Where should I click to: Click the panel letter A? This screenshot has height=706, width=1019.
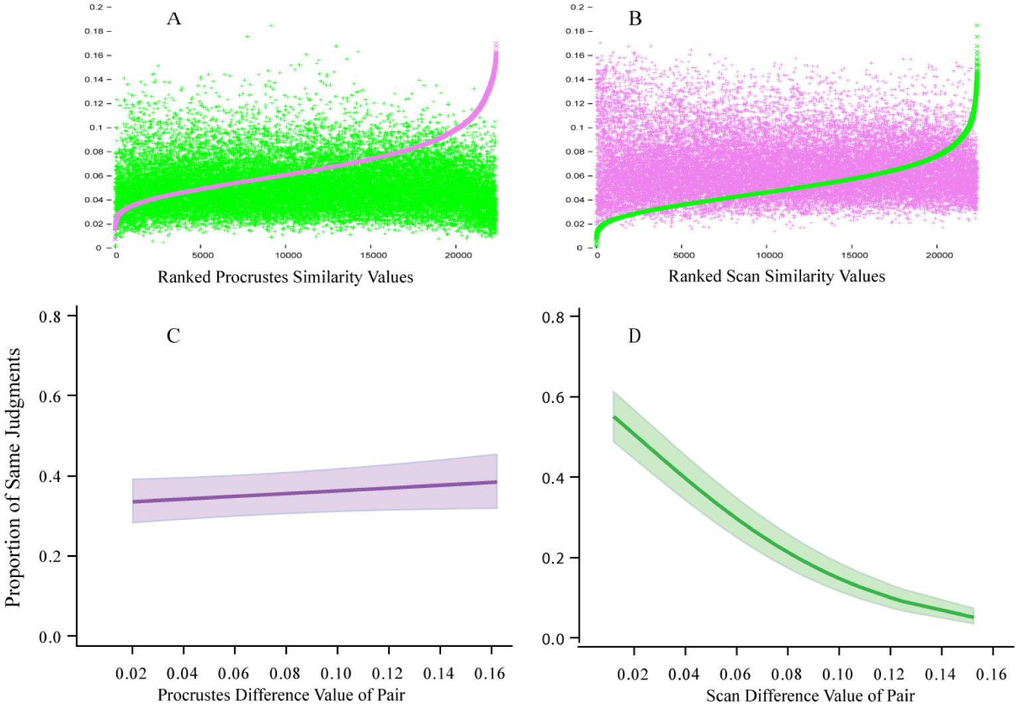[173, 19]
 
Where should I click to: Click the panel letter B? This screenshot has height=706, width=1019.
[635, 19]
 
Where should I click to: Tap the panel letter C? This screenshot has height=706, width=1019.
[173, 336]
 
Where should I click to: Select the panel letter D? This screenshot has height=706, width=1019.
[634, 336]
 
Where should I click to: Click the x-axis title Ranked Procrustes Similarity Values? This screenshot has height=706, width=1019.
[285, 277]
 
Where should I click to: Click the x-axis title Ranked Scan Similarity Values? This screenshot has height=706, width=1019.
[777, 277]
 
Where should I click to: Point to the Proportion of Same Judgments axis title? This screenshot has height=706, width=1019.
[13, 477]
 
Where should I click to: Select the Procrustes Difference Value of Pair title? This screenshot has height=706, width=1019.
[281, 695]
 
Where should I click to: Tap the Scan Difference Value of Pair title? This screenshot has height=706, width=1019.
[810, 696]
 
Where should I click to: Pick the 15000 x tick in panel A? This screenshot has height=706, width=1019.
[373, 255]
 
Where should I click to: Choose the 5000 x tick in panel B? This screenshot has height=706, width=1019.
[684, 255]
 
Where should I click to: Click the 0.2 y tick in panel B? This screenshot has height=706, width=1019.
[578, 7]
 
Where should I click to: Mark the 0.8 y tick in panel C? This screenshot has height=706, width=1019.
[50, 317]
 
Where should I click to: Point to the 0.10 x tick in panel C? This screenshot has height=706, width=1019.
[336, 674]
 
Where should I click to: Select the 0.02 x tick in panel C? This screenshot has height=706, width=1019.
[131, 674]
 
